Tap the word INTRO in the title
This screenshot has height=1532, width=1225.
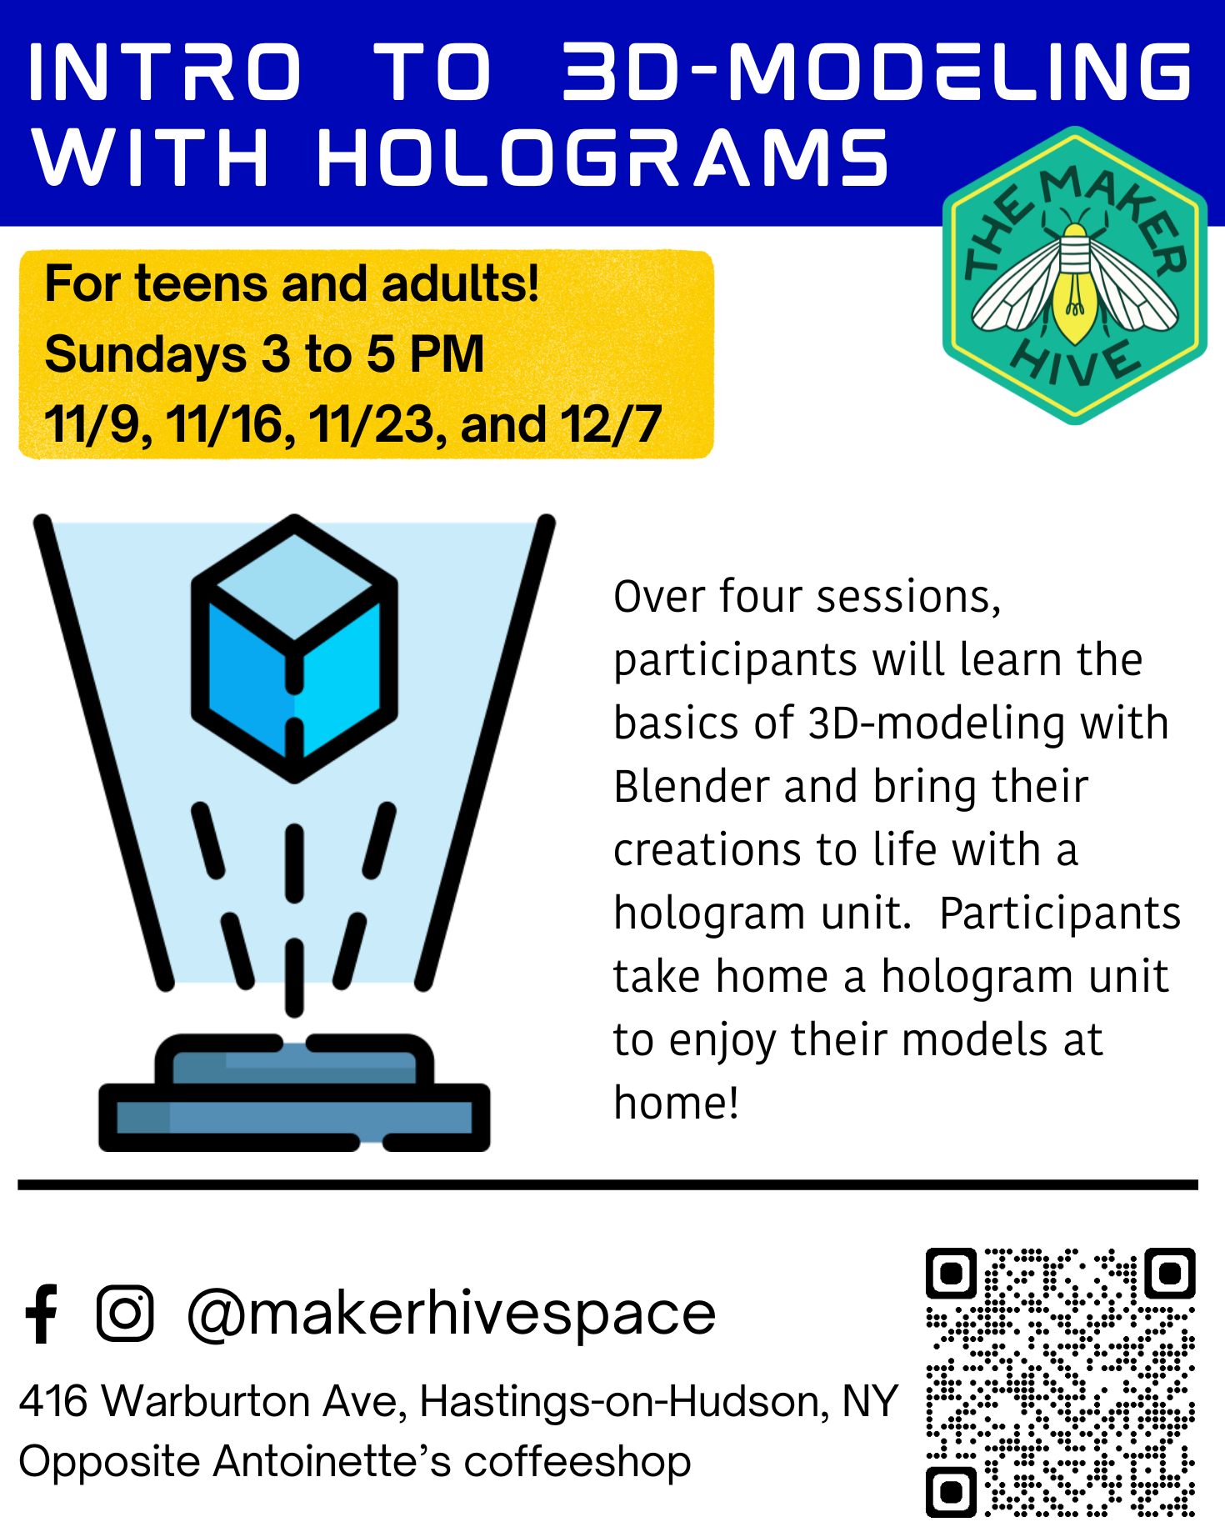165,73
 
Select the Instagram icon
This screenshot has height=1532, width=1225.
125,1313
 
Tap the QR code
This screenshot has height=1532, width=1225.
1061,1381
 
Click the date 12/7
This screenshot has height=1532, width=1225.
611,424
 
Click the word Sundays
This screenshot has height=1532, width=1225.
145,354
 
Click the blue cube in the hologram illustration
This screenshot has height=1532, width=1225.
294,648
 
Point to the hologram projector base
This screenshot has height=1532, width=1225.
294,1092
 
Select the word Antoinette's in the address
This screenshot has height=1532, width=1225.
332,1461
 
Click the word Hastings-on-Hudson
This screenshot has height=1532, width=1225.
624,1401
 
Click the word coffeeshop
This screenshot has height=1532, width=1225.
577,1463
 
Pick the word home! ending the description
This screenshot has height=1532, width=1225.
676,1103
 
